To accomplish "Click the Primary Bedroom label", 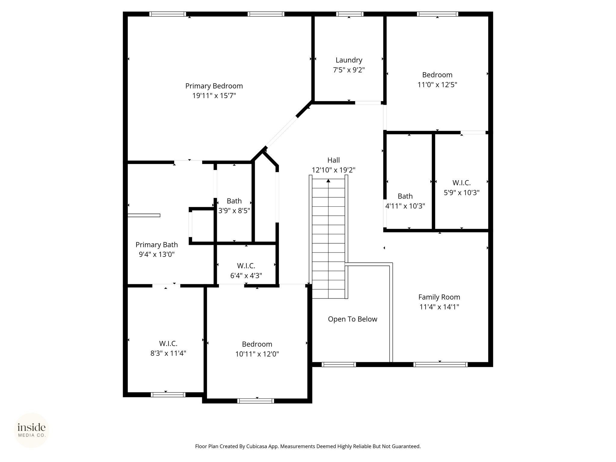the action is (x=214, y=86).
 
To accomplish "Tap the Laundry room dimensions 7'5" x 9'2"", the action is (x=349, y=70).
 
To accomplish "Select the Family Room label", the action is (x=439, y=297).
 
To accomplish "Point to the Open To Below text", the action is (x=353, y=319).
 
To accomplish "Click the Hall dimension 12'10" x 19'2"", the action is (x=333, y=170).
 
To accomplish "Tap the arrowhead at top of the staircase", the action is (x=328, y=181).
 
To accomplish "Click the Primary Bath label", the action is (x=157, y=245).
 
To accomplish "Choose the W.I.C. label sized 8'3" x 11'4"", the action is (x=168, y=343).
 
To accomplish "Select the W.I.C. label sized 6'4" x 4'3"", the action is (x=246, y=266).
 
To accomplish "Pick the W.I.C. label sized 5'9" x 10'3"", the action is (x=461, y=183).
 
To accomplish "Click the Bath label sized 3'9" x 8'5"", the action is (x=234, y=201).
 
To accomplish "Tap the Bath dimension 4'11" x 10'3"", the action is (x=405, y=206).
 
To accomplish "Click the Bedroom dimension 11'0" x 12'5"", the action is (x=437, y=85).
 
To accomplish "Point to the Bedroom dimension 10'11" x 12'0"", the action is (x=257, y=354).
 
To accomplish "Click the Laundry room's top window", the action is (x=350, y=14).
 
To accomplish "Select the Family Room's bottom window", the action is (x=440, y=365).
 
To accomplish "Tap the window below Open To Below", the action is (x=339, y=365).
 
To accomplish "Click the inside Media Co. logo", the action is (x=32, y=430).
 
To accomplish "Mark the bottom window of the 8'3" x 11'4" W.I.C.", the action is (x=168, y=395).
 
